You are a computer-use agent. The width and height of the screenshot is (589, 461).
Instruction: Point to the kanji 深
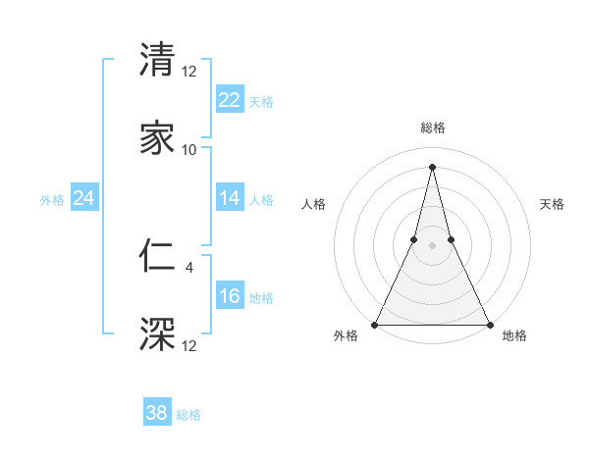tap(157, 333)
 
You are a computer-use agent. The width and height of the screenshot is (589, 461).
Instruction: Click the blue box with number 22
tap(230, 99)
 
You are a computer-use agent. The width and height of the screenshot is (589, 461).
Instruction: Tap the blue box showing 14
tap(230, 198)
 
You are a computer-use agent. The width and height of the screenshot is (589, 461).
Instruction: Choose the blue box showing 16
tap(230, 296)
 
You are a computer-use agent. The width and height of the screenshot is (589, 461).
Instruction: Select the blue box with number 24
tap(84, 198)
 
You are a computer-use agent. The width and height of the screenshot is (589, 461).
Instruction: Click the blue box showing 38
tap(157, 413)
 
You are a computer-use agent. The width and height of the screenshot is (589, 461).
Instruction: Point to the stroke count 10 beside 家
tap(189, 150)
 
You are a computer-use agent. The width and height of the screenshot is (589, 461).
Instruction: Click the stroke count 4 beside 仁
tap(189, 265)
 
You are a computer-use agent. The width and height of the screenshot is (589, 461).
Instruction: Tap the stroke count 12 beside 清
tap(189, 71)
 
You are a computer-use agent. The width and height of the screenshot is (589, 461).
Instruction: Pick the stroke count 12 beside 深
tap(189, 345)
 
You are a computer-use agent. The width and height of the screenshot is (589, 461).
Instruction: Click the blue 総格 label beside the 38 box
tap(188, 415)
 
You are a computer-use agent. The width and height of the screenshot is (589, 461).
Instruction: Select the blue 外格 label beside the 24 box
tap(52, 200)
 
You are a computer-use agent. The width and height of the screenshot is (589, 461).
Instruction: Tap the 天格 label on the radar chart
tap(552, 204)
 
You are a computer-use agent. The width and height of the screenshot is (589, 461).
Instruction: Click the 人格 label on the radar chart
tap(313, 204)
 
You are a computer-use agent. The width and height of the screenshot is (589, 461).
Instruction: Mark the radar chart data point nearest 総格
tap(432, 166)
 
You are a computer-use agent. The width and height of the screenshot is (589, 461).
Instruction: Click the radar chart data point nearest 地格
tap(489, 324)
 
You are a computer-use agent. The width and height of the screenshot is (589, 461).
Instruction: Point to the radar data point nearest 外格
tap(375, 324)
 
